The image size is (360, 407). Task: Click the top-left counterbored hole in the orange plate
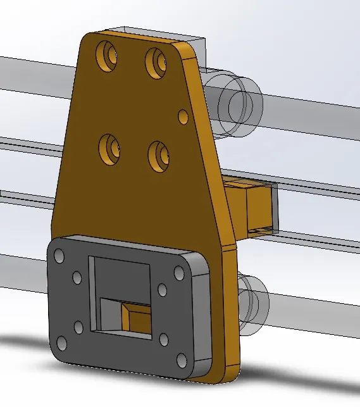[108, 55]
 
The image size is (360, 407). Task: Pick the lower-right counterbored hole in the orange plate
[159, 154]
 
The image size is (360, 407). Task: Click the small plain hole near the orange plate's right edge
[183, 116]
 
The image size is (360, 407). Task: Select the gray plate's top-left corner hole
[59, 256]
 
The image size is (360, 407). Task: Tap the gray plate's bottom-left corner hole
[62, 344]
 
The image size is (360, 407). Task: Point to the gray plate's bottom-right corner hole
[182, 361]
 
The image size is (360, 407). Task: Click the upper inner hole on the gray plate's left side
[77, 278]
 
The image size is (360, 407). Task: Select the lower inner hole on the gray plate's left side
[78, 327]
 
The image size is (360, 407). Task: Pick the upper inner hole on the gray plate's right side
[162, 290]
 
